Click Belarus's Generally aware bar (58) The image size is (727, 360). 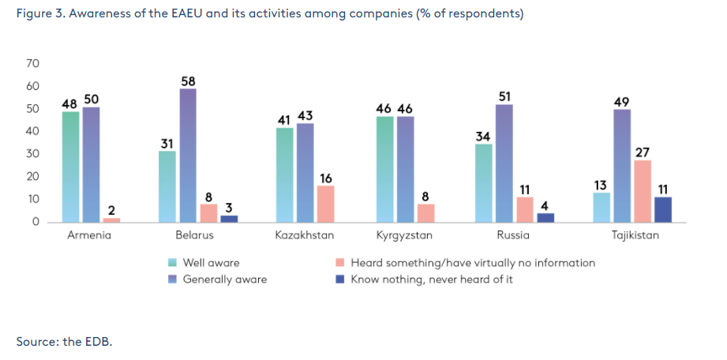(x=187, y=155)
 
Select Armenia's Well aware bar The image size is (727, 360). (x=70, y=167)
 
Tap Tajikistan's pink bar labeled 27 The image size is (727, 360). (x=643, y=191)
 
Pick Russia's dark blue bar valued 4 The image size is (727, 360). (x=545, y=217)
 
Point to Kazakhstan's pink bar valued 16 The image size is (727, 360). (x=325, y=204)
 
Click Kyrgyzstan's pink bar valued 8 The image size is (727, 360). (x=425, y=212)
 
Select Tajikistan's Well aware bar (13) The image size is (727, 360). (x=601, y=207)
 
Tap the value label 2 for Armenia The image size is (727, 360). (x=111, y=210)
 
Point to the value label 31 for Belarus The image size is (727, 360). (x=167, y=144)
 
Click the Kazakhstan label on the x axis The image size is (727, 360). (x=304, y=235)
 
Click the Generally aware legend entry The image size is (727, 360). (x=224, y=279)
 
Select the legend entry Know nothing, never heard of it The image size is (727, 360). (x=431, y=279)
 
